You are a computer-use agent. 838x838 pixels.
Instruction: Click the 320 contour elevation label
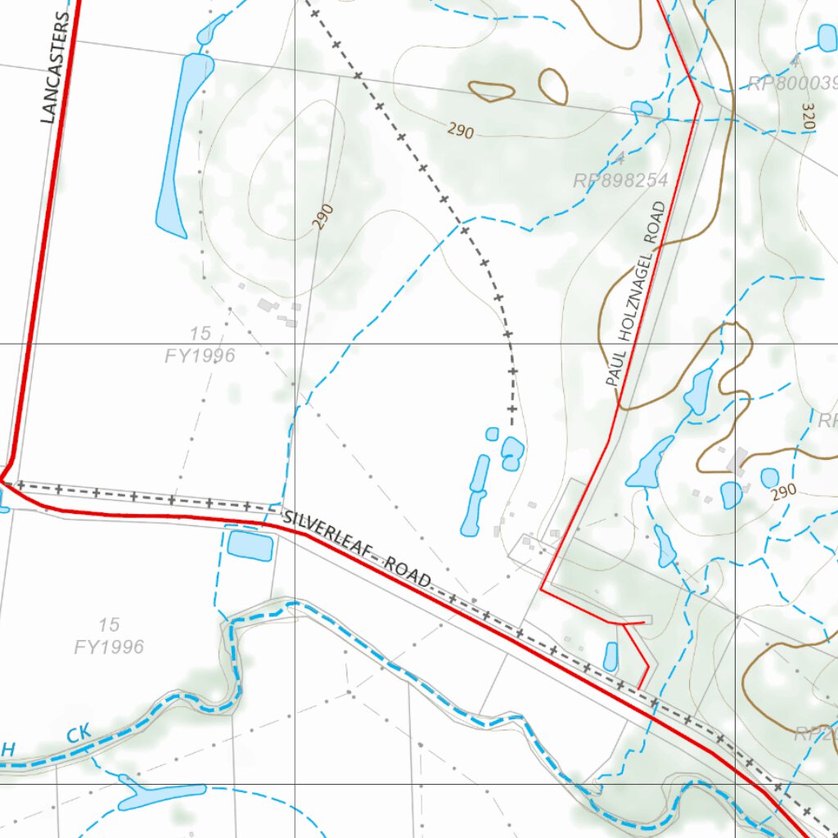(x=809, y=118)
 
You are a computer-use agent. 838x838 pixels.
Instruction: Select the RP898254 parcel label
(x=621, y=180)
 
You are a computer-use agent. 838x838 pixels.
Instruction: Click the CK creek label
(x=80, y=734)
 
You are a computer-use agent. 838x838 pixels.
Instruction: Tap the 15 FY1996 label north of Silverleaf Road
(x=200, y=345)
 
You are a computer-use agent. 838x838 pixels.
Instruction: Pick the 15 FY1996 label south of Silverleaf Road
(x=109, y=637)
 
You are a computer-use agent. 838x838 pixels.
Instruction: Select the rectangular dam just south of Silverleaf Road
(x=250, y=545)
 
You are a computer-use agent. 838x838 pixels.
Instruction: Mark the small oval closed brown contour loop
(x=554, y=86)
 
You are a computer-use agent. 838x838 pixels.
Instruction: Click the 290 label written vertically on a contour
(x=324, y=217)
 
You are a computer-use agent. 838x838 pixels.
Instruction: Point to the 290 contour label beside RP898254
(x=461, y=129)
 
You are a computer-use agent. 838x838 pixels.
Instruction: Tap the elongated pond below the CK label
(x=161, y=795)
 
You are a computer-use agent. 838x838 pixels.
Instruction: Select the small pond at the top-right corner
(x=827, y=37)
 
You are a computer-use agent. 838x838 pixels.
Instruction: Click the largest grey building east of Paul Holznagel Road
(x=738, y=462)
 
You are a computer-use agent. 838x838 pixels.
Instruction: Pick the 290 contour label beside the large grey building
(x=783, y=492)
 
